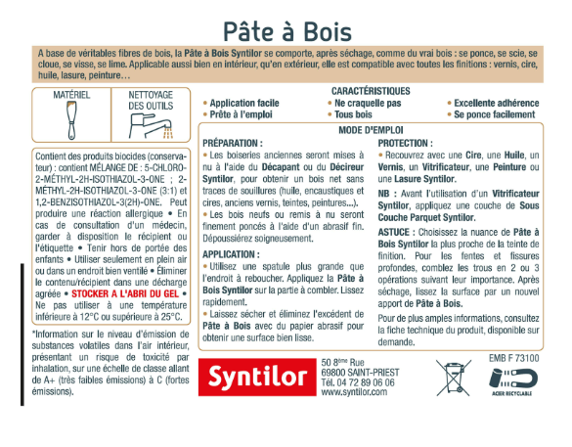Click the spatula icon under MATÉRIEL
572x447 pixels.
coord(72,126)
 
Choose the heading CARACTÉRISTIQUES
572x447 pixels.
coord(371,91)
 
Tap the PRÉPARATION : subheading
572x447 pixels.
coord(234,143)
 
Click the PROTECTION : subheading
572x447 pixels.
coord(408,143)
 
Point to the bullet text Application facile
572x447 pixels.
coord(244,103)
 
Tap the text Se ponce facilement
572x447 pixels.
coord(496,114)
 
